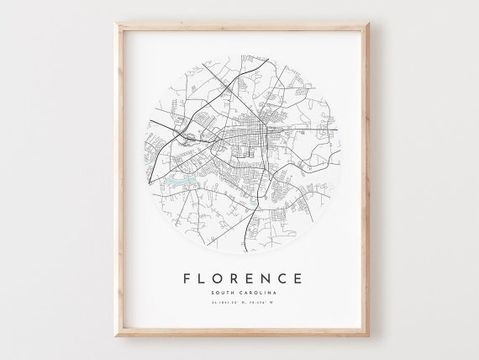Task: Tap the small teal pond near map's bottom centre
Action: pos(253,202)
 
